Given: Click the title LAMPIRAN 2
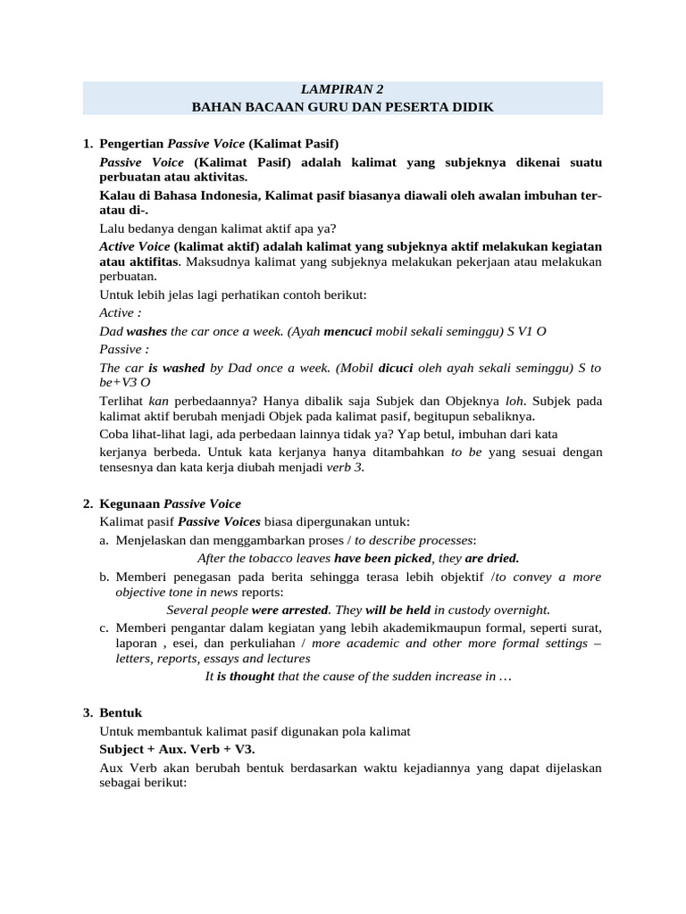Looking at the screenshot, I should click(343, 89).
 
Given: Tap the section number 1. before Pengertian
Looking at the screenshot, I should click(88, 144).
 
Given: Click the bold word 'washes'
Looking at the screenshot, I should click(146, 331).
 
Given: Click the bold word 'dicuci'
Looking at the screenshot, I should click(396, 367).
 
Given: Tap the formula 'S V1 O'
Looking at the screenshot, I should click(527, 331).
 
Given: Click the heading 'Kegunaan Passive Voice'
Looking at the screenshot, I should click(170, 503).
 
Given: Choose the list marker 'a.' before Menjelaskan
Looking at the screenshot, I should click(105, 540).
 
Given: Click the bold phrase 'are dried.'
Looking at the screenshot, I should click(492, 558).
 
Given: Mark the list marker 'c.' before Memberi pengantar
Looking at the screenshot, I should click(105, 628).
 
